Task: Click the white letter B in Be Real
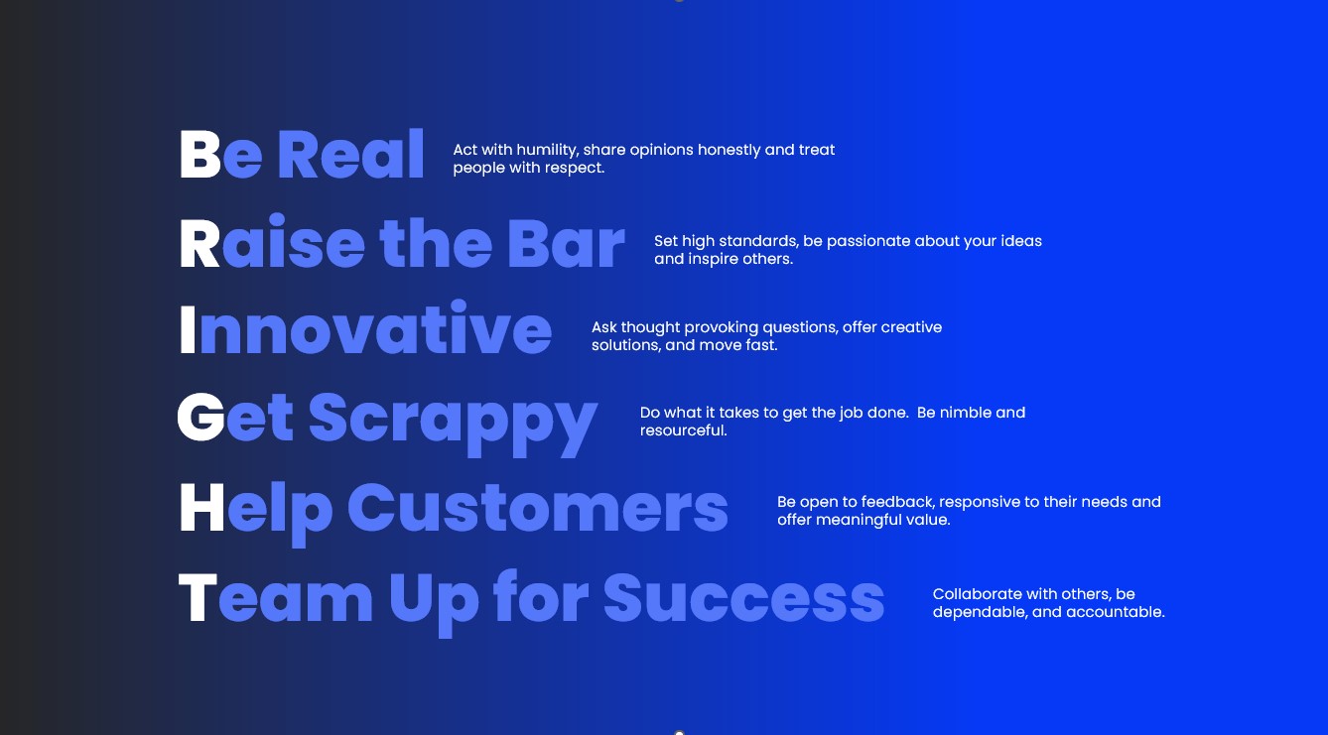click(200, 154)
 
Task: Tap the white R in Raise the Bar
click(199, 244)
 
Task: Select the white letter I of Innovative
click(188, 330)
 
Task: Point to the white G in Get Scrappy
click(200, 417)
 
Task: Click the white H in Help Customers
click(202, 508)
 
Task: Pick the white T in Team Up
click(199, 598)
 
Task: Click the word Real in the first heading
click(350, 154)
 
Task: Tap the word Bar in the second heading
click(566, 244)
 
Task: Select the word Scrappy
click(453, 424)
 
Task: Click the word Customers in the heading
click(538, 508)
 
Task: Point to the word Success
click(744, 598)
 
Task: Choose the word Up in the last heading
click(434, 604)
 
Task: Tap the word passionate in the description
click(868, 242)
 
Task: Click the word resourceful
click(684, 430)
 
